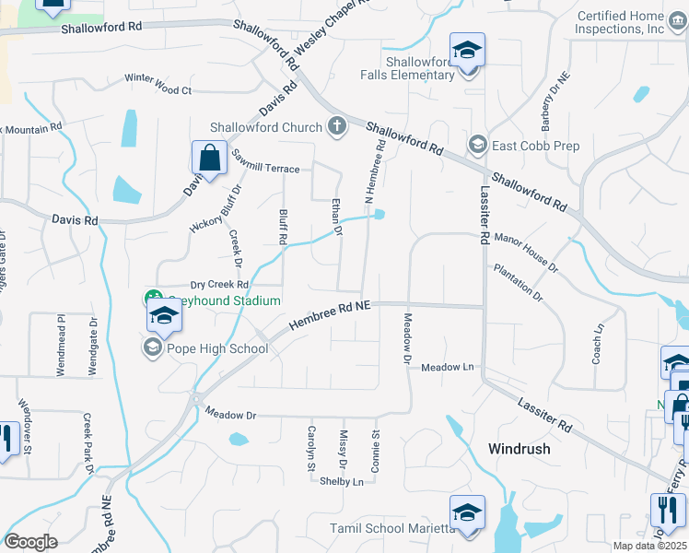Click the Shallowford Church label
tap(266, 127)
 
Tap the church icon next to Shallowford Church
tap(336, 127)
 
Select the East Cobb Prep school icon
tap(478, 146)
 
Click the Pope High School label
tap(217, 348)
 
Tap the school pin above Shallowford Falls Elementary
tap(467, 51)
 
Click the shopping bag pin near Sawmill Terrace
tap(210, 158)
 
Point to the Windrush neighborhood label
tap(519, 449)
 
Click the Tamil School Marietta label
tap(392, 528)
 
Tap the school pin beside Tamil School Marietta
tap(467, 515)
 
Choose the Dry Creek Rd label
tap(194, 285)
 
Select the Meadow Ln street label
tap(448, 367)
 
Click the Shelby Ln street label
tap(342, 481)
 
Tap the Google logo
tap(30, 542)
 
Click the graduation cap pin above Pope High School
tap(163, 316)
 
